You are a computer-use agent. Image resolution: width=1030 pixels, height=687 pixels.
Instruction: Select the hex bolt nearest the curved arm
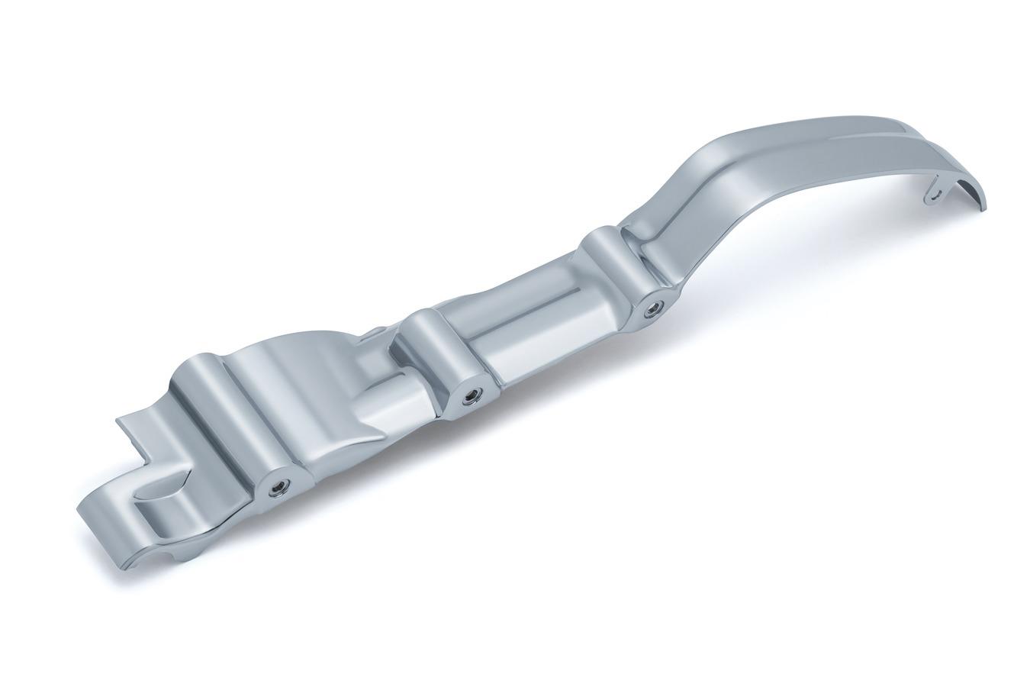coord(652,308)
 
